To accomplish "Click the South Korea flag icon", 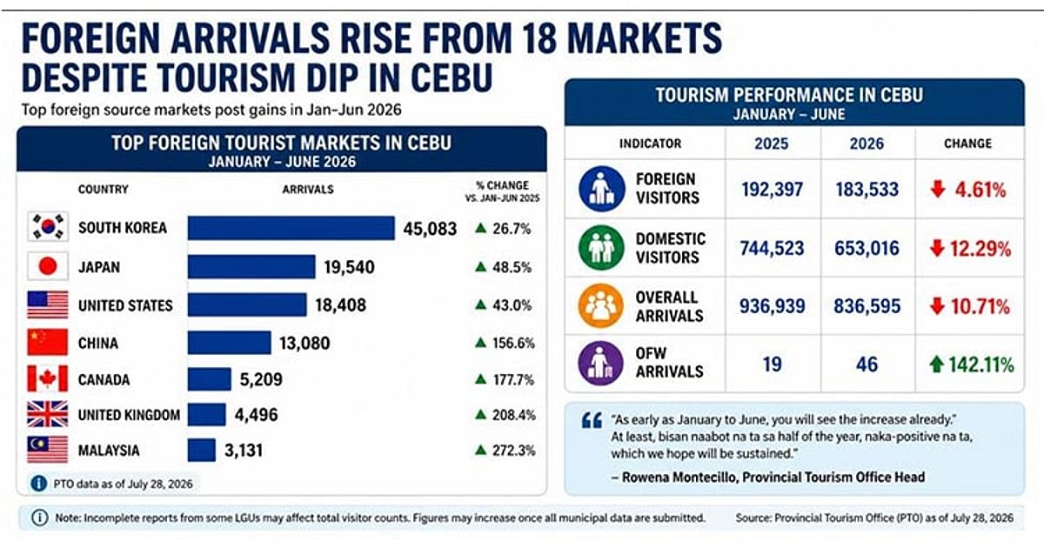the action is (48, 227).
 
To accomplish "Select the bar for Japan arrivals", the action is (251, 267).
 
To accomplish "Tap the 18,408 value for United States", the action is (341, 305).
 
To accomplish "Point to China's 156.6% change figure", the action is (513, 343).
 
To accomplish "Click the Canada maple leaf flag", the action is (48, 378).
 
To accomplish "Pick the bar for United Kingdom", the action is (207, 415).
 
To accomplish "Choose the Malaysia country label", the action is (109, 451).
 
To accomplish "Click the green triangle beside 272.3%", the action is (480, 450).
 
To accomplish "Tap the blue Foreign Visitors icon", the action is (601, 190).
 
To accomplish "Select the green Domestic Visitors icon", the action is (601, 248).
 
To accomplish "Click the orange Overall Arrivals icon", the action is (601, 306).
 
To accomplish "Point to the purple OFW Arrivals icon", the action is (601, 364).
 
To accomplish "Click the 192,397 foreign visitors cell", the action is (773, 190).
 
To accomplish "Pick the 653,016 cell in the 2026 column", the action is (867, 249).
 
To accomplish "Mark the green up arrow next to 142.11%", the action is (936, 364).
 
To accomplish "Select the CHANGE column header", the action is (968, 144).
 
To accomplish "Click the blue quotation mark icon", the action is (592, 421).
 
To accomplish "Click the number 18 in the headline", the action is (539, 38).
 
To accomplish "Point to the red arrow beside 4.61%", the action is (938, 189).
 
